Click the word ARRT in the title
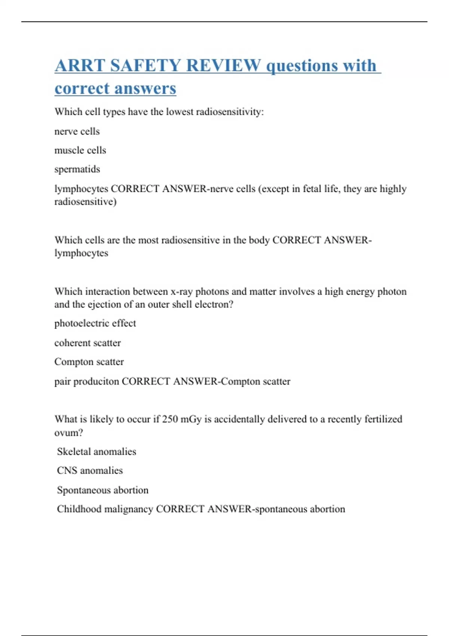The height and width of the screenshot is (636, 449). (x=80, y=66)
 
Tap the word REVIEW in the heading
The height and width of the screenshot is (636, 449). (x=223, y=66)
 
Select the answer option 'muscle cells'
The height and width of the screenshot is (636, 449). (x=80, y=150)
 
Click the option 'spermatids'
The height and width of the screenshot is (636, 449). (x=77, y=169)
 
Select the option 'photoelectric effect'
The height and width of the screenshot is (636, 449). (x=95, y=323)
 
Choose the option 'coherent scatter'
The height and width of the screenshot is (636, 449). (x=88, y=343)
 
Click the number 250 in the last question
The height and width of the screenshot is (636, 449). (x=170, y=419)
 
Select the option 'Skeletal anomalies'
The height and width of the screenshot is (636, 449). (x=97, y=452)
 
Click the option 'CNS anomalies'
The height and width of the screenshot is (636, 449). (x=90, y=471)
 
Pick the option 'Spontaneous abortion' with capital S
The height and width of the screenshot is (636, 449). (x=103, y=490)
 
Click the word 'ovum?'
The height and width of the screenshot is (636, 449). (x=68, y=433)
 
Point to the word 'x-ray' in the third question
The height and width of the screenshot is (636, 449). (x=181, y=291)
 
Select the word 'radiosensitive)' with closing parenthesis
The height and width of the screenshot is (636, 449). (x=85, y=202)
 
